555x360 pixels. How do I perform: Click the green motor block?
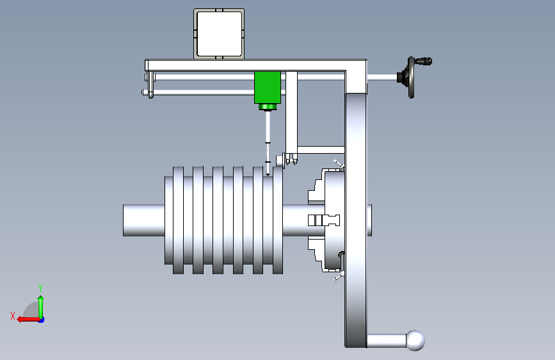point(267,88)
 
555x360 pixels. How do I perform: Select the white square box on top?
point(219,34)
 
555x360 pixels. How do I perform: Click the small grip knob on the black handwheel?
point(423,61)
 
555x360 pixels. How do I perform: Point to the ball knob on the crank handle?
point(415,341)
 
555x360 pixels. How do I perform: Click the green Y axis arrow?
point(41,307)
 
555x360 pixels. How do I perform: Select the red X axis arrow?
point(28,319)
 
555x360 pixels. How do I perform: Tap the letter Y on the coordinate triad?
point(40,288)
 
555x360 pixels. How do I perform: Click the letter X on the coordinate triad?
point(13,316)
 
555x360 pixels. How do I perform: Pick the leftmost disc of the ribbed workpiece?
point(178,220)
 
